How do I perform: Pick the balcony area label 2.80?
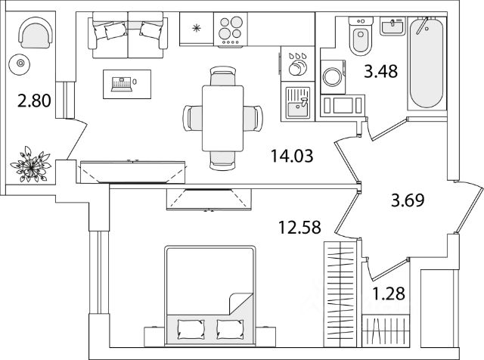(x=36, y=101)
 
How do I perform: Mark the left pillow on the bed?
(x=188, y=327)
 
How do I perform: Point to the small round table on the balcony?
(x=21, y=64)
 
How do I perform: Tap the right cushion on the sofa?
(x=150, y=30)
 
